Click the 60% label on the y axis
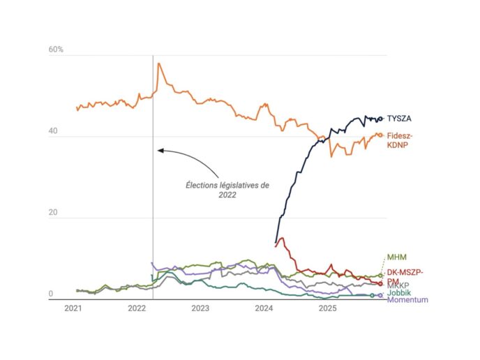click(x=56, y=50)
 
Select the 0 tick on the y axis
click(x=51, y=294)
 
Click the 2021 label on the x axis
click(x=73, y=308)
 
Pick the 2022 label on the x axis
click(x=136, y=308)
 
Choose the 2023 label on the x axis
click(x=200, y=308)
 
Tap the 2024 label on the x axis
click(x=264, y=308)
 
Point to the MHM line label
click(x=396, y=260)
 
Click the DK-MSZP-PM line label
click(x=405, y=276)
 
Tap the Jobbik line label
click(x=399, y=293)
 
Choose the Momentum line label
click(x=407, y=300)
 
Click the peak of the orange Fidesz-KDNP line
click(x=159, y=63)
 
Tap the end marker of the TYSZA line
click(x=380, y=119)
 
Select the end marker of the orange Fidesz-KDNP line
click(x=380, y=135)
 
